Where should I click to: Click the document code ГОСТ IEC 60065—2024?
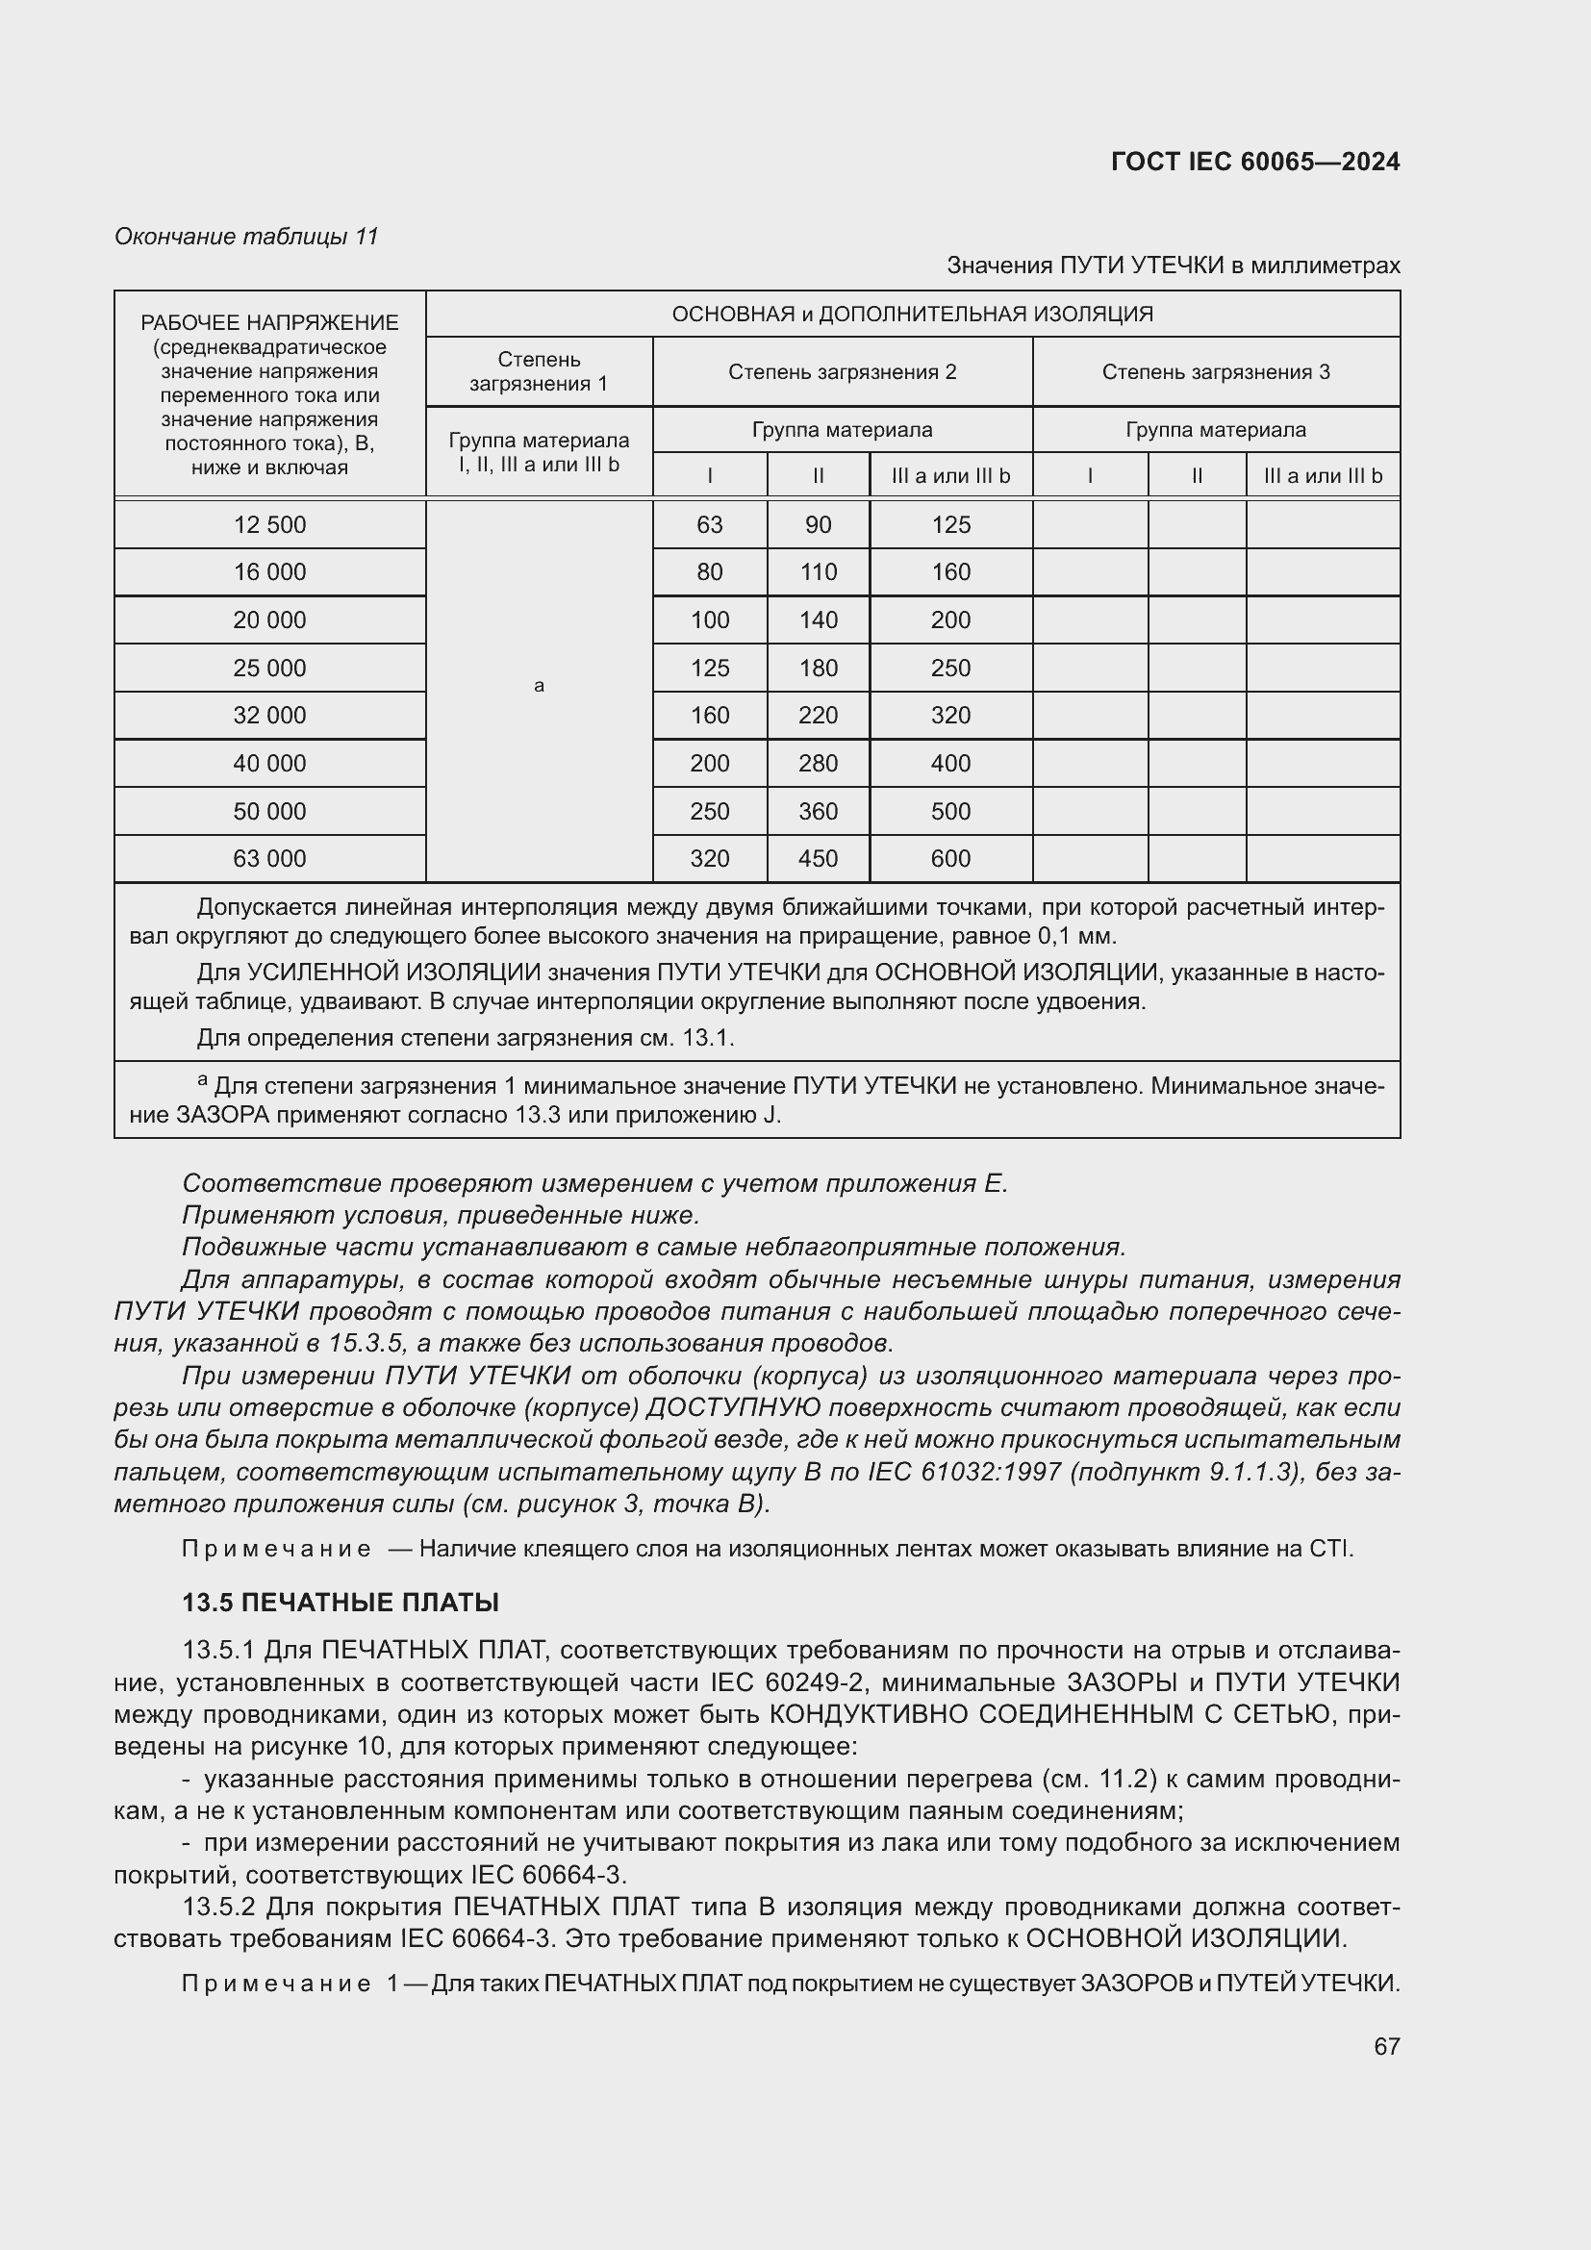[x=1255, y=162]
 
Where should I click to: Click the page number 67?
[x=1386, y=2046]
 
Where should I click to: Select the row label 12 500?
[x=269, y=525]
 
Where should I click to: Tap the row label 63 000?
[x=269, y=858]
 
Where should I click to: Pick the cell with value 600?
[x=950, y=858]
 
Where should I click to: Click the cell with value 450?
[x=818, y=858]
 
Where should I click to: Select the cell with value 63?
[x=709, y=525]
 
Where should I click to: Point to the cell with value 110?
[x=818, y=572]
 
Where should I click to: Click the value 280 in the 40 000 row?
[x=818, y=764]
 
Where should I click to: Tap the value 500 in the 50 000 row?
[x=950, y=812]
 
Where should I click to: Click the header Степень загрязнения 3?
[x=1216, y=372]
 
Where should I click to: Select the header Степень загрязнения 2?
[x=842, y=372]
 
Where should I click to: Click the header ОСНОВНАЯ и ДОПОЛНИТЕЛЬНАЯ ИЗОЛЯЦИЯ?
[x=912, y=315]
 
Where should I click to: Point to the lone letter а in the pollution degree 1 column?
[x=539, y=686]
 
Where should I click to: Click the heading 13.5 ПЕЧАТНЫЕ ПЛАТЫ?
[x=340, y=1604]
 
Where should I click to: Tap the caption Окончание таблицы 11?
[x=246, y=237]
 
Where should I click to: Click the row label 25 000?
[x=269, y=669]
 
